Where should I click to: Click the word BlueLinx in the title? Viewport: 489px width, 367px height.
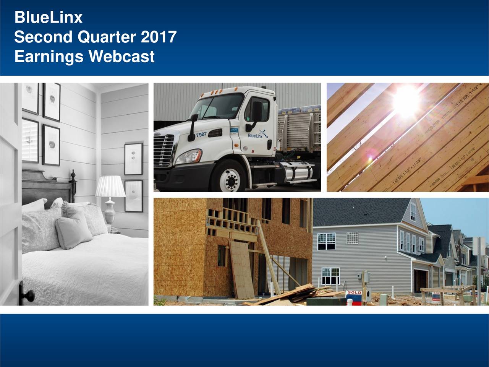point(48,18)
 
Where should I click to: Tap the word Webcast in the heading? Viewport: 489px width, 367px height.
point(121,57)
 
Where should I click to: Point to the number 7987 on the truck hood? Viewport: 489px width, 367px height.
point(201,135)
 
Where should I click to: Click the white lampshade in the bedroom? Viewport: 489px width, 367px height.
point(110,186)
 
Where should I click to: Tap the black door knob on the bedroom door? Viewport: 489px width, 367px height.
point(28,295)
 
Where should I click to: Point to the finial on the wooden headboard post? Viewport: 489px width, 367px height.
point(73,176)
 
